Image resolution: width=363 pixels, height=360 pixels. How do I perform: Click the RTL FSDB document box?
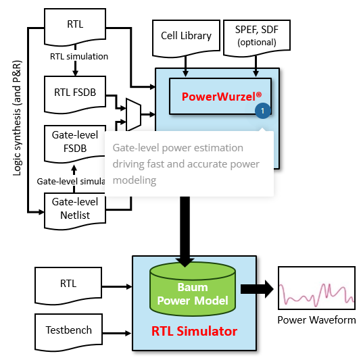point(75,95)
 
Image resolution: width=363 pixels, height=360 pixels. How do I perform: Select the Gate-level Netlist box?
point(75,211)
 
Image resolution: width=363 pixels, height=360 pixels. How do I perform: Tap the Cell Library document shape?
point(186,38)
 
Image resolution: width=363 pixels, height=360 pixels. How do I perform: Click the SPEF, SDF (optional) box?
point(257,38)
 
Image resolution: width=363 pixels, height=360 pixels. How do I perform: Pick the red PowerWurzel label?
point(222,97)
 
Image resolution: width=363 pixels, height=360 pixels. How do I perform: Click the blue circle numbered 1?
point(263,111)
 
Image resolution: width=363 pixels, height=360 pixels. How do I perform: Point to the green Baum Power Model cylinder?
point(193,289)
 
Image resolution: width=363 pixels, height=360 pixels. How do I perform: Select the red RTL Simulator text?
point(194,331)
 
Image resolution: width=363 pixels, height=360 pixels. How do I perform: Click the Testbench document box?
point(68,332)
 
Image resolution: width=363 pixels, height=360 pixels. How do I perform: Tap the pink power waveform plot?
point(317,288)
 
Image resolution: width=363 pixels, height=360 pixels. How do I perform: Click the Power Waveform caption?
point(316,320)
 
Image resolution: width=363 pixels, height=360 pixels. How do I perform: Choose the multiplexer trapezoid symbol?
point(134,115)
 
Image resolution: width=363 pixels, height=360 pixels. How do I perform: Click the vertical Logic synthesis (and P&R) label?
point(17,118)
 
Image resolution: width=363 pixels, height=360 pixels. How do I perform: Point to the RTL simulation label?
point(79,57)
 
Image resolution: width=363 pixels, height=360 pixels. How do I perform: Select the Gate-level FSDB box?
point(74,144)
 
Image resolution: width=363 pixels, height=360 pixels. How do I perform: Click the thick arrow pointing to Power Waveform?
point(257,289)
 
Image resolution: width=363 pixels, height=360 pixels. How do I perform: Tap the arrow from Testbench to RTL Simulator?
point(117,333)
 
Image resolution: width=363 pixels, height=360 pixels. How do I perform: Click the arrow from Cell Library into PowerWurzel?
point(185,66)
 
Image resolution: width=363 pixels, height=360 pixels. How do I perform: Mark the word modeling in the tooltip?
point(135,180)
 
